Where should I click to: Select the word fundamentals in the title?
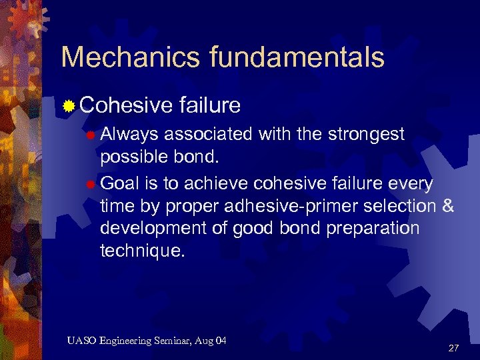pos(297,57)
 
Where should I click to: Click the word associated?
pos(207,135)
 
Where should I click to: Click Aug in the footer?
pos(205,341)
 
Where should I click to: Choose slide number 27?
pos(453,348)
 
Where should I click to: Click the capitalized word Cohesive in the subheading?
pos(127,105)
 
